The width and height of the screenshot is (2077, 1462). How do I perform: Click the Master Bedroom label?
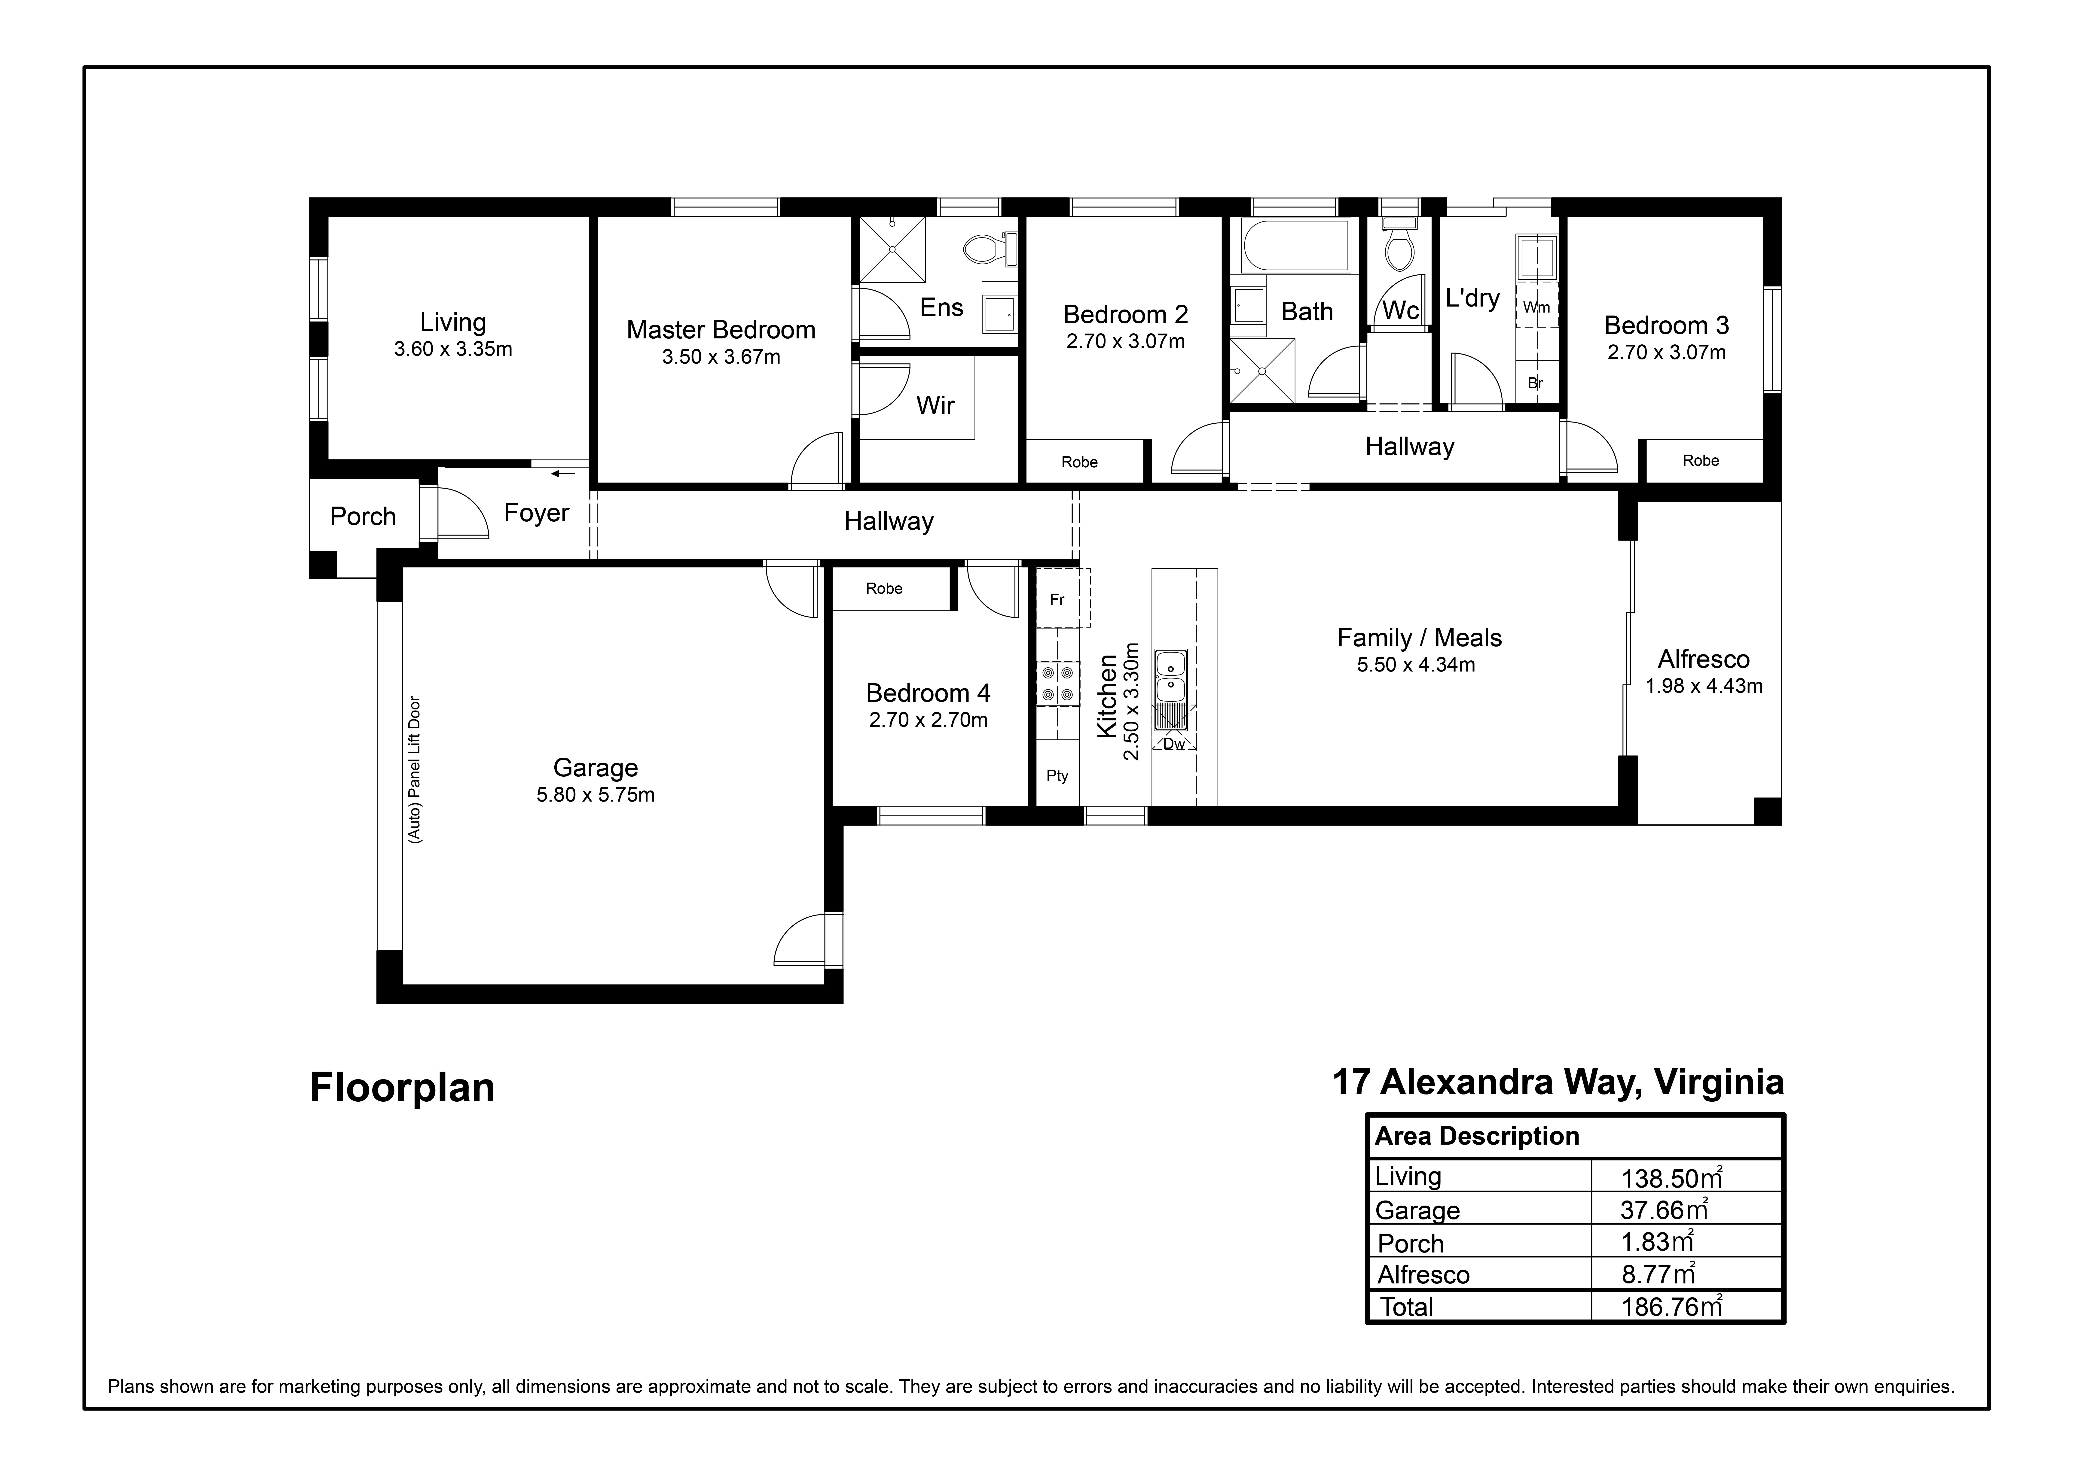tap(721, 330)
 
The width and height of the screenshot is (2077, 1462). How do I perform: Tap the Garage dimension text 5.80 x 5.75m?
tap(595, 795)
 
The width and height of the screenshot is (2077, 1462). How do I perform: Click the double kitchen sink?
tap(1171, 675)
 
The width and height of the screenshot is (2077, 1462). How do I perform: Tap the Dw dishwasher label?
tap(1173, 744)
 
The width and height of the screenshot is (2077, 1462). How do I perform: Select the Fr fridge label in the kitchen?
tap(1057, 599)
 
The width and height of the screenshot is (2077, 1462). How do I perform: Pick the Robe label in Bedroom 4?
tap(884, 589)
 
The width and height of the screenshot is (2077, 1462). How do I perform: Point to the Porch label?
tap(363, 516)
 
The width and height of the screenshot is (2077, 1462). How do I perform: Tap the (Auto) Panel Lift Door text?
tap(415, 769)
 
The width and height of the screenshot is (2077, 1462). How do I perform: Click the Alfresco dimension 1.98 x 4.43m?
tap(1703, 686)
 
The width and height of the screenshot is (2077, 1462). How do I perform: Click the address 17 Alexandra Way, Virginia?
tap(1558, 1082)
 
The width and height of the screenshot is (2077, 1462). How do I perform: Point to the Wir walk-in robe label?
tap(935, 405)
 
